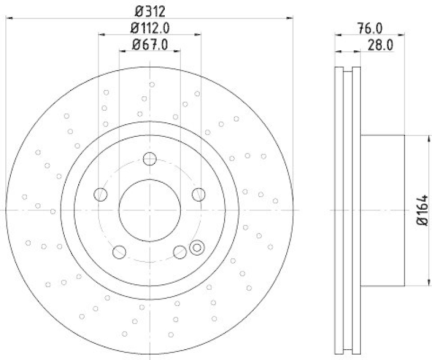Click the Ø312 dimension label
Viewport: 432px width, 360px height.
coord(149,10)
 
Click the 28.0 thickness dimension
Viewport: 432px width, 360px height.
coord(379,45)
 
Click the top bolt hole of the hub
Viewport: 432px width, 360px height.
coord(150,159)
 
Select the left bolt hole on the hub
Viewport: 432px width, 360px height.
coord(100,194)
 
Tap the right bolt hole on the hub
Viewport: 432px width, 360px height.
coord(199,194)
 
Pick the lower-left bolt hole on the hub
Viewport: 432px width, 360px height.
coord(119,252)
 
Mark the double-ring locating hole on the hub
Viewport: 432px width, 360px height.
coord(197,248)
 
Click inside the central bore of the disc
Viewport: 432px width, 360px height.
coord(150,210)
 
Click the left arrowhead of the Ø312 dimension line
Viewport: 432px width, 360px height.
coord(9,19)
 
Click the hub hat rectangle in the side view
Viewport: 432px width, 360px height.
coord(382,210)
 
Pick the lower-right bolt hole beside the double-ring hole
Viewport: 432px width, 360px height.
coord(179,251)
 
